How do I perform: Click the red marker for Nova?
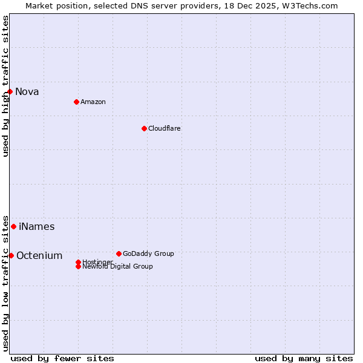pos(10,91)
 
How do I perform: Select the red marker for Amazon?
pos(76,102)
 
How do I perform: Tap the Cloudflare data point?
pos(144,128)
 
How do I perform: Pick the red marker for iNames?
pos(13,226)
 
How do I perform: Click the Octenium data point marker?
pos(11,255)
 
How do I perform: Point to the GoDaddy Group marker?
pos(119,253)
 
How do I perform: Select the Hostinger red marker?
pos(78,262)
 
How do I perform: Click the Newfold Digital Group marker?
pos(78,266)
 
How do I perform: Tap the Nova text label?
pos(27,92)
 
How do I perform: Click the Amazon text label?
pos(93,102)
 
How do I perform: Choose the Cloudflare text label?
pos(165,128)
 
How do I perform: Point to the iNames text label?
pos(37,227)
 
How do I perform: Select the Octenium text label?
pos(39,256)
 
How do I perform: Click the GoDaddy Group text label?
pos(148,253)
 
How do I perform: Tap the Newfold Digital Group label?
pos(117,267)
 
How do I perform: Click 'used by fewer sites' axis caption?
pos(62,358)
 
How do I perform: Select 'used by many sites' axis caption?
pos(304,358)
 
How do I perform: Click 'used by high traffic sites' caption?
pos(5,86)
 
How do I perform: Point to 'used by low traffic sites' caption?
pos(5,283)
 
